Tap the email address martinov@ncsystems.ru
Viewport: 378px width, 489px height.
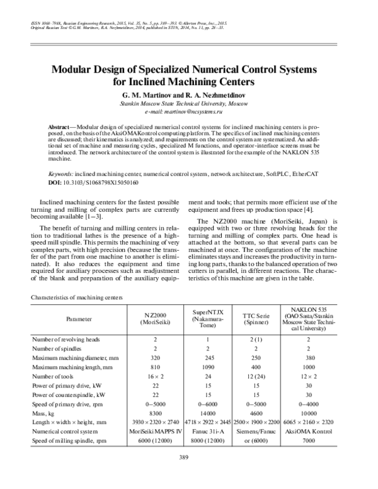click(189, 110)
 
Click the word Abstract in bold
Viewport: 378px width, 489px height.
click(64, 127)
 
